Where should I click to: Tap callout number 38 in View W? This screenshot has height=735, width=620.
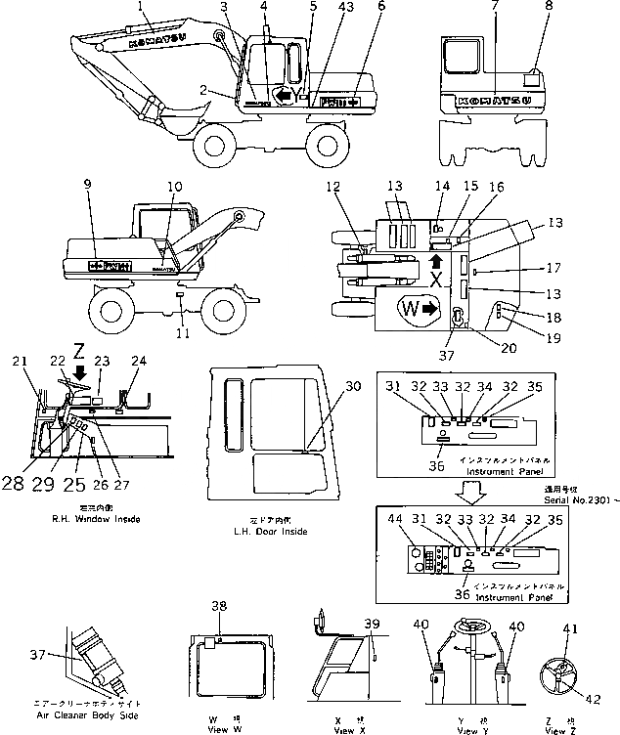(222, 605)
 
